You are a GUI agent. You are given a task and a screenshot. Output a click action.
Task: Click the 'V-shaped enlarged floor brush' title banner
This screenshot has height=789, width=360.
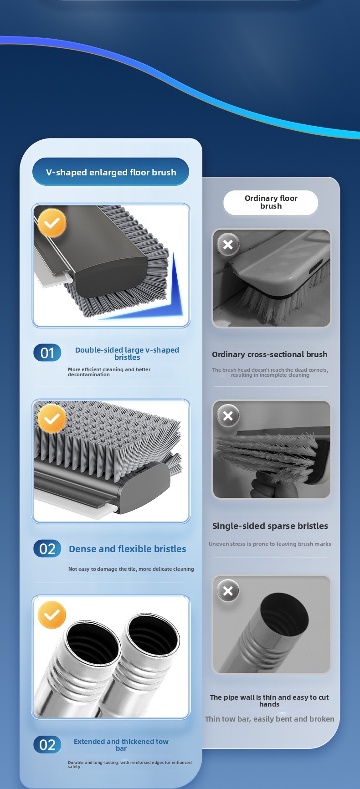coord(111,172)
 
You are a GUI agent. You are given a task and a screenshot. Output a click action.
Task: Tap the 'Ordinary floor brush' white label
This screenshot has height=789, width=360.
coord(271,202)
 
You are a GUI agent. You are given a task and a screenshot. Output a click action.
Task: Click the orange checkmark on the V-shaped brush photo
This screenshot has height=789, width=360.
coord(52,223)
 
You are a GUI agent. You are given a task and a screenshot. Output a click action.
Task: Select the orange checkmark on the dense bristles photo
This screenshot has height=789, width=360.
coord(52,419)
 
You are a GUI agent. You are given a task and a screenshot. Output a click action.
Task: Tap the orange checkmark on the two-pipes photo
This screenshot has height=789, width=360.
coord(52,615)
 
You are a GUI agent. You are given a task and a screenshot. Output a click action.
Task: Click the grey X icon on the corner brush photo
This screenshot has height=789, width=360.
coord(228,245)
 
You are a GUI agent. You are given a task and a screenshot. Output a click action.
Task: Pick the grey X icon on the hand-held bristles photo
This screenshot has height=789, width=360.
coord(228,416)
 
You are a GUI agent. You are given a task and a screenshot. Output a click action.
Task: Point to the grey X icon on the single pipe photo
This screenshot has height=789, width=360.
coord(228,591)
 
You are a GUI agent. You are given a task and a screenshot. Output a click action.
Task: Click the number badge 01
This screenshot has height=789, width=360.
coord(47,353)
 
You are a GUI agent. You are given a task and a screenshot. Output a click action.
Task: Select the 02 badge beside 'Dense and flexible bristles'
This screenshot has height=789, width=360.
coord(47,549)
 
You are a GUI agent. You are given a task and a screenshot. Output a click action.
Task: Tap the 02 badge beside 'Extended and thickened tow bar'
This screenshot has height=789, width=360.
coord(47,745)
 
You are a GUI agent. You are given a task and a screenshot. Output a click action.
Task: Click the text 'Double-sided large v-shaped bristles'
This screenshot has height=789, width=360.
coord(127,354)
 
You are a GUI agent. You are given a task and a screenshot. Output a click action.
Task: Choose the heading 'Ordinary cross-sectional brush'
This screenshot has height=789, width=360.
coord(270,354)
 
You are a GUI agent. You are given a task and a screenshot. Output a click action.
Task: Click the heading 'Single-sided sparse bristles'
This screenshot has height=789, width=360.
coord(270,526)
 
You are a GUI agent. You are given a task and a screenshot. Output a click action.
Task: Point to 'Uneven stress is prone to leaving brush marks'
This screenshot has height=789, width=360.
coord(270,543)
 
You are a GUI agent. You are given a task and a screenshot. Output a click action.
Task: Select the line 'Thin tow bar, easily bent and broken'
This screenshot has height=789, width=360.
coord(270,719)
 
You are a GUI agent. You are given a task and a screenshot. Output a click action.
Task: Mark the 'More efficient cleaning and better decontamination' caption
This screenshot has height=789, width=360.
coord(109,372)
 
